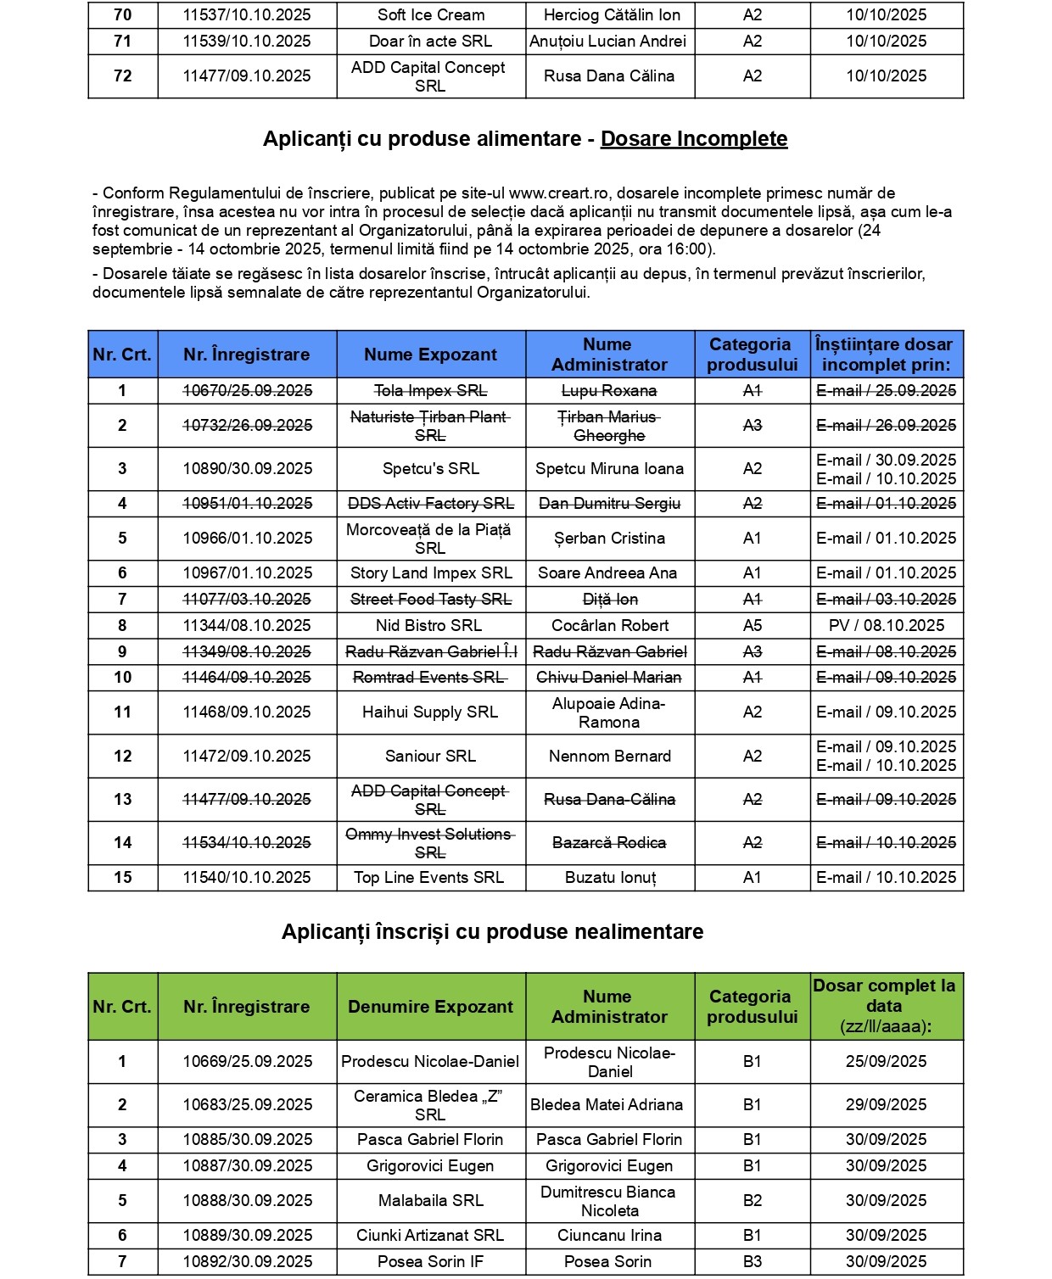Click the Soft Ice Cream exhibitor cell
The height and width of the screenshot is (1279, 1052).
tap(431, 15)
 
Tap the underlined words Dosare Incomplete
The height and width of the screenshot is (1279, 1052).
tap(694, 139)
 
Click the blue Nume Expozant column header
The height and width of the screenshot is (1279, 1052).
tap(430, 355)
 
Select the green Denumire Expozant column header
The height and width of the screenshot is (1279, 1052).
tap(430, 1007)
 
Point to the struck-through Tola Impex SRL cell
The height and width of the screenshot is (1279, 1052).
tap(430, 391)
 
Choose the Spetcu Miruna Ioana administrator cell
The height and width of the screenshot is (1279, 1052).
tap(609, 469)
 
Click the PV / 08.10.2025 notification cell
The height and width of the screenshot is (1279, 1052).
tap(887, 626)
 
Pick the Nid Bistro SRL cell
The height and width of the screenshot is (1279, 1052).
tap(428, 626)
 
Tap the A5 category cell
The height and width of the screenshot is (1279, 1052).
tap(752, 626)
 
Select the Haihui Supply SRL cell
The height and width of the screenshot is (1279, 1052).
tap(430, 712)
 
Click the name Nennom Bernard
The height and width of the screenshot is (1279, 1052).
tap(609, 757)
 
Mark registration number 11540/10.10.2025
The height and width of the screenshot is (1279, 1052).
tap(247, 878)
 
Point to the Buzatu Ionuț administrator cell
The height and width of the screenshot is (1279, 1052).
tap(610, 878)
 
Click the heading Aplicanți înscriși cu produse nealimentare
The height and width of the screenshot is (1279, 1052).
tap(492, 932)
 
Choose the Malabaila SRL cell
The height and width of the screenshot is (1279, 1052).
tap(430, 1201)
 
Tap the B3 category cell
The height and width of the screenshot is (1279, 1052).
tap(752, 1262)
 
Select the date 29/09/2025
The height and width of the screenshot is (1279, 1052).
tap(886, 1105)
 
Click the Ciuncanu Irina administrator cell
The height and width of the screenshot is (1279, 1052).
tap(609, 1236)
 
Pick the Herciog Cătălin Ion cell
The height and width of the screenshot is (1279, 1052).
tap(611, 15)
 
